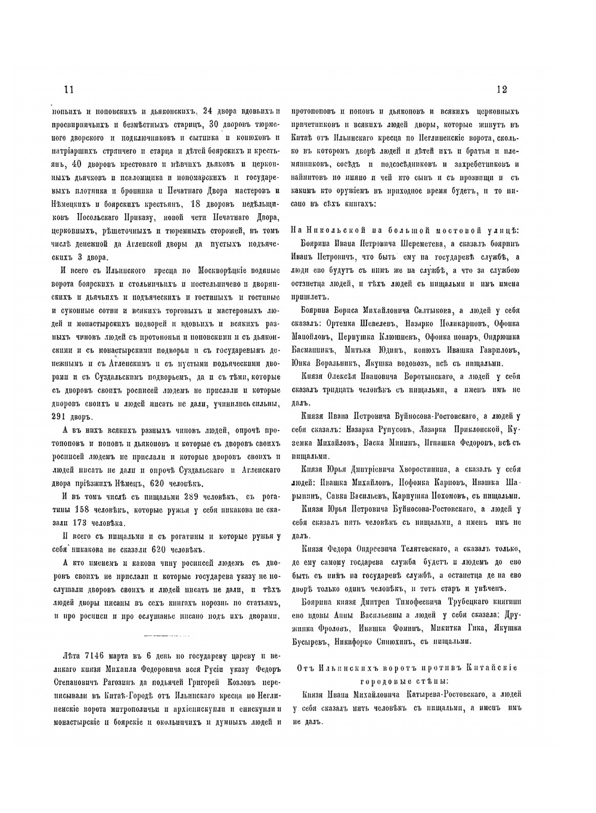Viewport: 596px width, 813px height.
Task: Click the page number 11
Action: tap(67, 89)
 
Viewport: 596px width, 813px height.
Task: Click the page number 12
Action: tap(501, 89)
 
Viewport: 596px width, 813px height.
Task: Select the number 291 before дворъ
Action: tap(63, 416)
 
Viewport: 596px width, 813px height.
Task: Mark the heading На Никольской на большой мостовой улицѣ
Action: tap(404, 229)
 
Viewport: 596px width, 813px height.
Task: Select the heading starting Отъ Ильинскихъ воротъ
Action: tap(408, 674)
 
